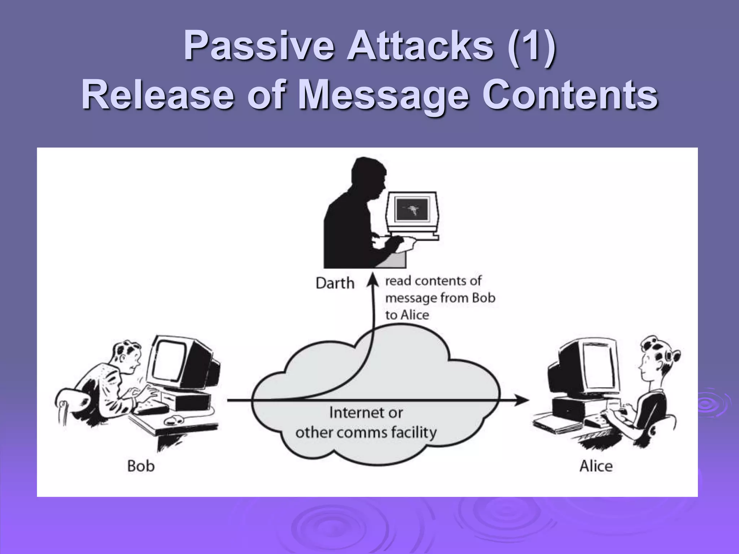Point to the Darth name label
[x=335, y=283]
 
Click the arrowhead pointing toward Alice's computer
[x=522, y=400]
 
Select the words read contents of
[x=433, y=281]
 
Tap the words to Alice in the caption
[x=407, y=315]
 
